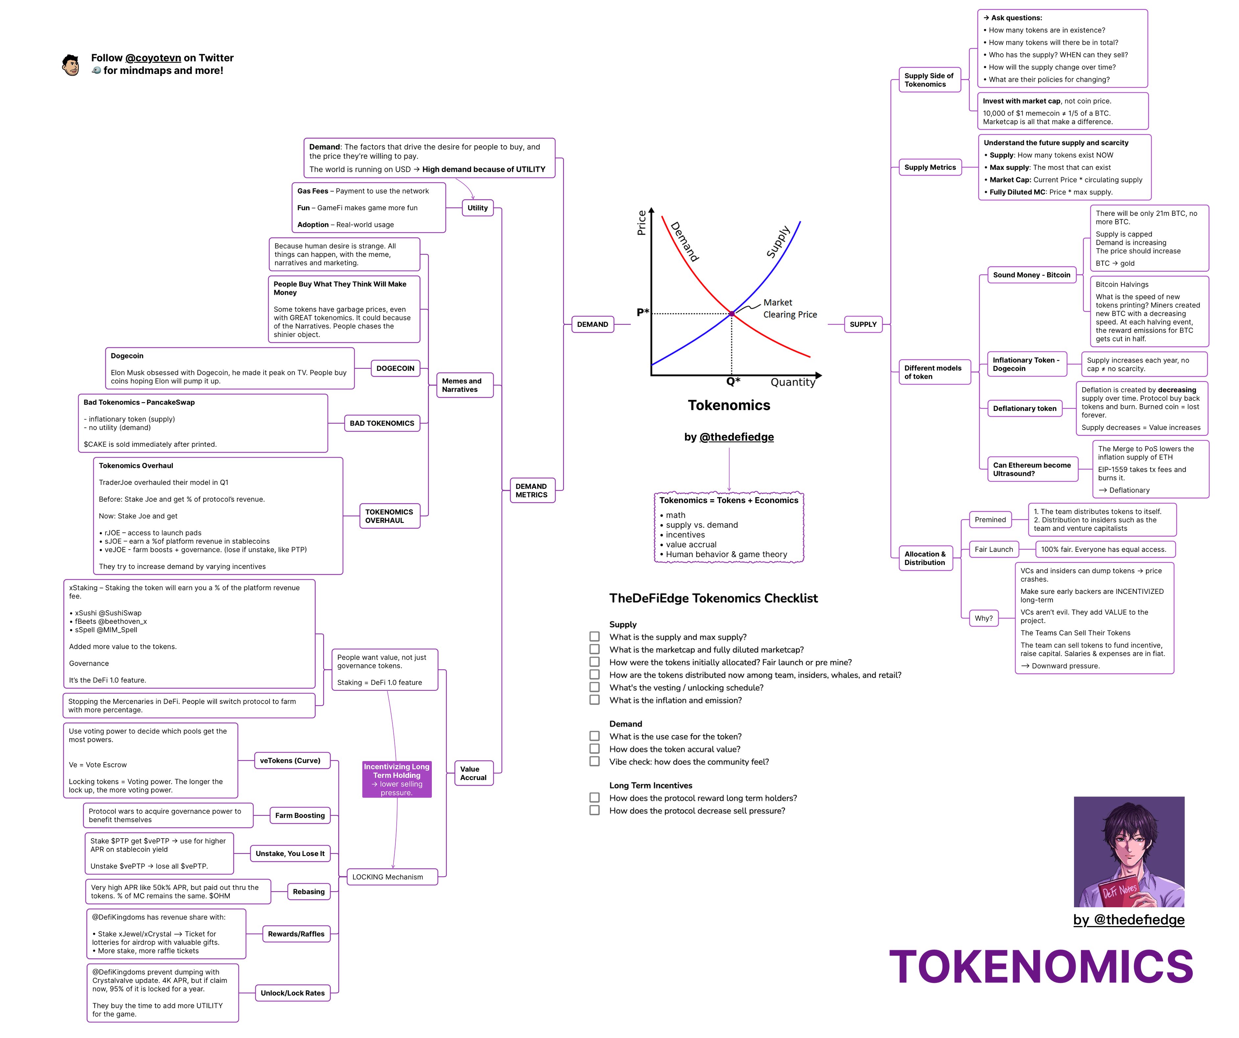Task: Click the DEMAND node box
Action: coord(592,325)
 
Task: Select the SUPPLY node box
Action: coord(863,325)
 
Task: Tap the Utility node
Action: coord(477,208)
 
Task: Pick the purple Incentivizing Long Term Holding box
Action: coord(396,779)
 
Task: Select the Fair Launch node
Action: coord(994,549)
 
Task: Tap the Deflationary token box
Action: coord(1024,408)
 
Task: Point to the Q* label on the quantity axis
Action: coord(733,382)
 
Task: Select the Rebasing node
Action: coord(309,892)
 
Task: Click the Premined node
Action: coord(990,520)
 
